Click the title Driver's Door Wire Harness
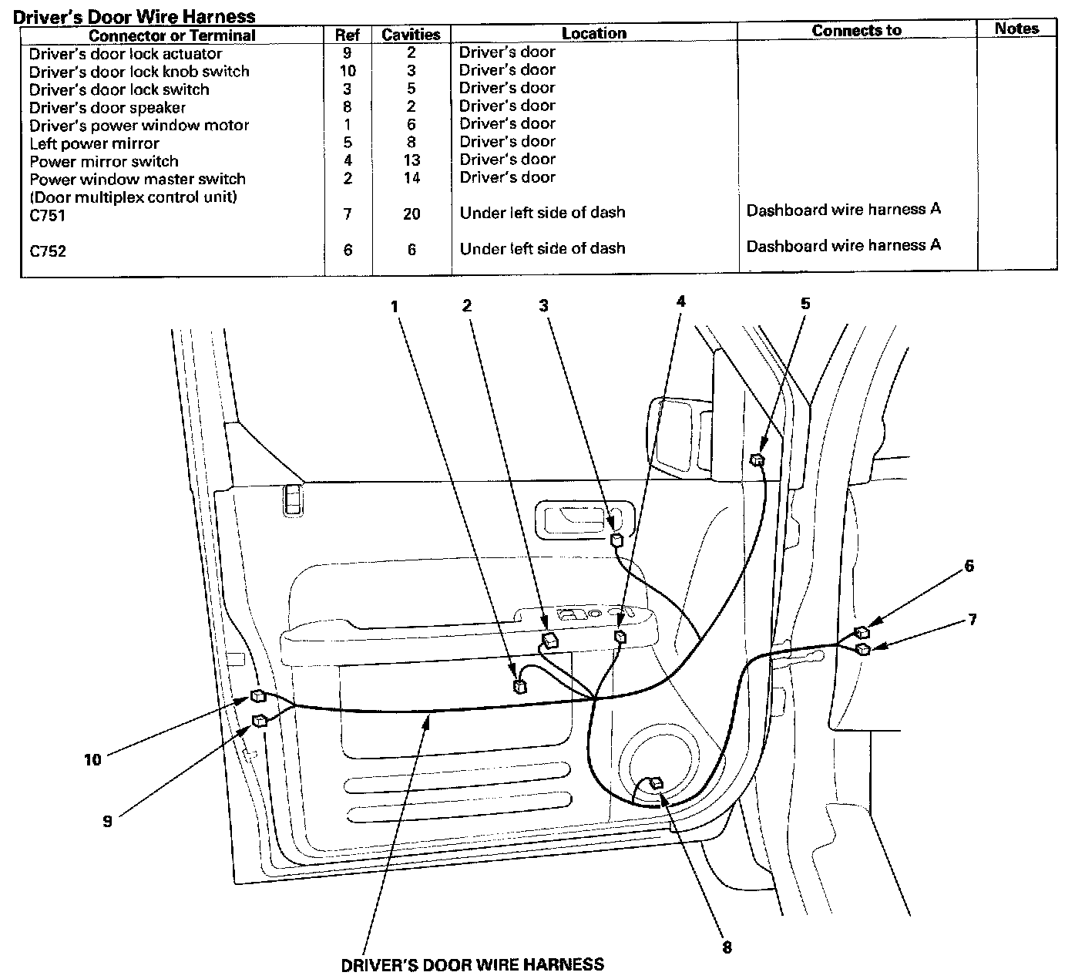[135, 15]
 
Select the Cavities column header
[411, 35]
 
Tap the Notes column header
[1016, 29]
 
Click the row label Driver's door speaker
[107, 107]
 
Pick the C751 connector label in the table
[48, 215]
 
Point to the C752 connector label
[48, 251]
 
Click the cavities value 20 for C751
[411, 214]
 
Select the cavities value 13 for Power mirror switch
[411, 160]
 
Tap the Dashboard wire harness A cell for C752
[843, 245]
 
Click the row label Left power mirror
[94, 143]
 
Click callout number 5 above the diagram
[805, 304]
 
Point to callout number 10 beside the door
[92, 760]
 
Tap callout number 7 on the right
[972, 619]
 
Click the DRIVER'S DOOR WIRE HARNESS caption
[472, 964]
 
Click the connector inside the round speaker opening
[656, 784]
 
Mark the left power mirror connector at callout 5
[757, 460]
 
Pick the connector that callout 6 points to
[862, 633]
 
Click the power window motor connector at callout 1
[520, 686]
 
